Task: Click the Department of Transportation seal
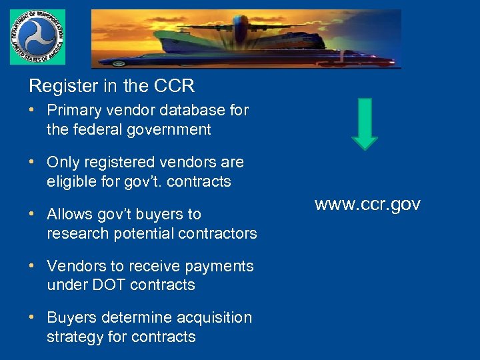click(x=37, y=37)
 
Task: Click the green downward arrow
click(x=364, y=123)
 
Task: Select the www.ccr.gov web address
click(x=367, y=205)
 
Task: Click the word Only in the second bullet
click(x=61, y=162)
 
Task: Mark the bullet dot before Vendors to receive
click(x=33, y=266)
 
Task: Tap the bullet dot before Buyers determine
click(x=33, y=317)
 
